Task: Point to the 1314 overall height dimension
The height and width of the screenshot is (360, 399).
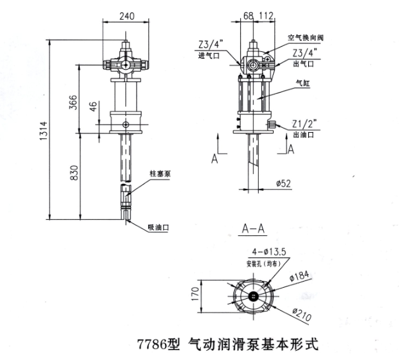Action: [x=43, y=131]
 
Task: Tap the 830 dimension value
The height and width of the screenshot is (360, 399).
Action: [x=73, y=175]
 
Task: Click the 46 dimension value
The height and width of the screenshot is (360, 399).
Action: [x=93, y=107]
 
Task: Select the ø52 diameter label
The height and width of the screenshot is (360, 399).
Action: [x=283, y=183]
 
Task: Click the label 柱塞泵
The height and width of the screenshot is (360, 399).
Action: [x=159, y=175]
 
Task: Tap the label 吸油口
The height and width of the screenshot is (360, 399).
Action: [x=158, y=227]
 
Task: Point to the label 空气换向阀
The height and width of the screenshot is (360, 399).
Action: [x=306, y=38]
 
